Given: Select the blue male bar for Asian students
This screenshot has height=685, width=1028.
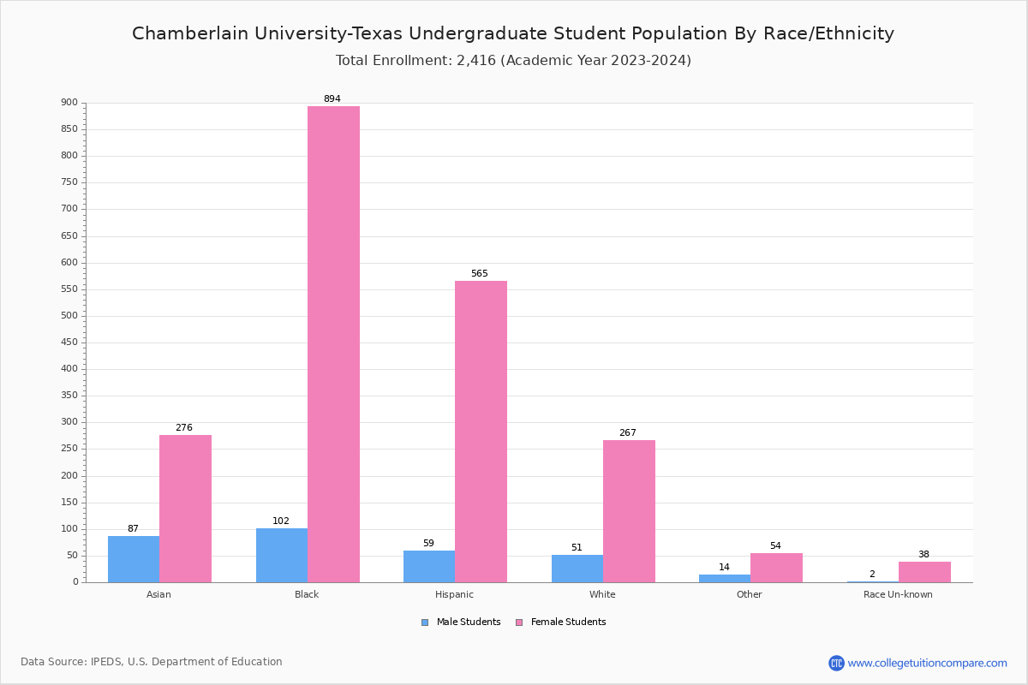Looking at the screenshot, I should coord(134,559).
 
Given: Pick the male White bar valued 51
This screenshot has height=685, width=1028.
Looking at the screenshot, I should coord(577,569).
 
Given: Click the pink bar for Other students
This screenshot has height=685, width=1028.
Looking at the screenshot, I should coord(776,568).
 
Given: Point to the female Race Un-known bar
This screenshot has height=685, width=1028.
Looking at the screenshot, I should coord(924,572).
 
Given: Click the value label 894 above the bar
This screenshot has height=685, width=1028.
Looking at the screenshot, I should coord(332,99).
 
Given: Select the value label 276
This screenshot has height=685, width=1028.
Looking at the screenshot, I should coord(184,428).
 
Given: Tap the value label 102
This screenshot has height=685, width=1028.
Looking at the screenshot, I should coord(281,521).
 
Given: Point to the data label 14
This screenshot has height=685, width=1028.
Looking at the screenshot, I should coord(724,568).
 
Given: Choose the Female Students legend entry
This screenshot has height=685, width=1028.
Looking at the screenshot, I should coord(561,622).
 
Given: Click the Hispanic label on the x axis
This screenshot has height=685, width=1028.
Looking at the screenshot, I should coord(454,594).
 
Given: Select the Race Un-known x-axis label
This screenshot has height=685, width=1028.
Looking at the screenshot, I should coord(898,594).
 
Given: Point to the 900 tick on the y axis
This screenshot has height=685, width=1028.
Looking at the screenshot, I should coord(69,103).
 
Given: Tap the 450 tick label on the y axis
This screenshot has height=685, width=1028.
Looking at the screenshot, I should coord(69,342).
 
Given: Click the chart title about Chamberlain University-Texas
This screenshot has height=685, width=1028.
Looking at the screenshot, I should coord(513,33).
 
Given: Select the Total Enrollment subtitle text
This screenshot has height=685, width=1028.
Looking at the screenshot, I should coord(513,61).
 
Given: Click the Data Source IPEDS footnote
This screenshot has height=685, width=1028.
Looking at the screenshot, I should coord(152,662).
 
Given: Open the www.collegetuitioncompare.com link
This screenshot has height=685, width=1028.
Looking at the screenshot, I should coord(927,663).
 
